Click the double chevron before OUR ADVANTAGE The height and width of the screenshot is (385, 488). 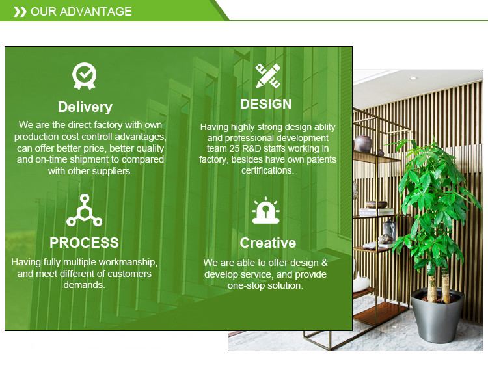(20, 12)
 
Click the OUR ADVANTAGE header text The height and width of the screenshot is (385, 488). (81, 12)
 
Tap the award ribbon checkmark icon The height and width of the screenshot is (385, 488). (85, 76)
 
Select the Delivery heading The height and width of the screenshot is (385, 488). (85, 107)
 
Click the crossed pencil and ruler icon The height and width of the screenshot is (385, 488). (267, 76)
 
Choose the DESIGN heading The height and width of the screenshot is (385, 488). (265, 104)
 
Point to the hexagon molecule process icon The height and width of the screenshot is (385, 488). (84, 210)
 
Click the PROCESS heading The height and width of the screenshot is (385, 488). (84, 243)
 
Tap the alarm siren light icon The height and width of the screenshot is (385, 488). (265, 210)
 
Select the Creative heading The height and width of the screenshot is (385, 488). (267, 243)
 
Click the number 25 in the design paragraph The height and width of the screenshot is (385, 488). (234, 148)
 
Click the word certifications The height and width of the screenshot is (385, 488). (267, 170)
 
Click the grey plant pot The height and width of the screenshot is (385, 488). (438, 315)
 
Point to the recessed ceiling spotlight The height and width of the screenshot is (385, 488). (413, 78)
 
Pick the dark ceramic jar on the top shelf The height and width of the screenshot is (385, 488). (363, 143)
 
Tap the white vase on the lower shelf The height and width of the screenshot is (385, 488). (360, 282)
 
